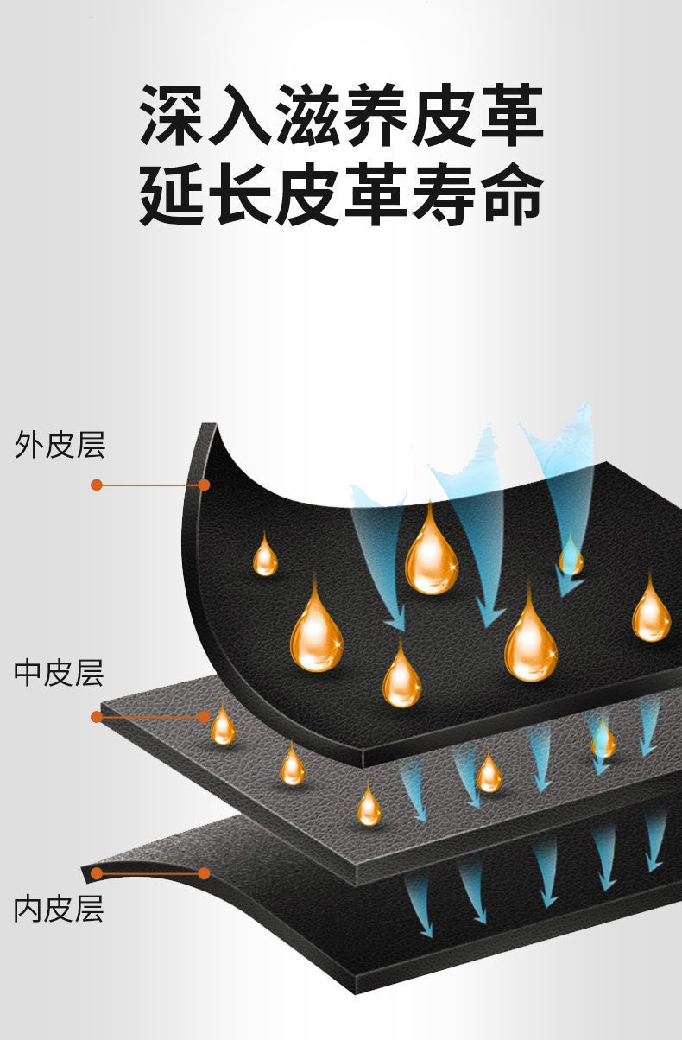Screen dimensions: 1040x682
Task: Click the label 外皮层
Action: pos(60,446)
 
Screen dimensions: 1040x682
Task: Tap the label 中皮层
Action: pos(60,673)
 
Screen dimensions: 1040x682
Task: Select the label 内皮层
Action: pos(60,909)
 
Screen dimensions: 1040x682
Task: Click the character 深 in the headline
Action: pos(173,114)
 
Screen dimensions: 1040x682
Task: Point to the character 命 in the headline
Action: pos(509,194)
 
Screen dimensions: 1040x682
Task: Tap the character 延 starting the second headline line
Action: pos(173,194)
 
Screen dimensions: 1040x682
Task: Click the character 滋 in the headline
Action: pos(307,114)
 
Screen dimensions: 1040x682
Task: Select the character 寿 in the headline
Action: pos(442,194)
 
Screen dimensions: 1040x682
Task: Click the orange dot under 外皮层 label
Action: pos(97,485)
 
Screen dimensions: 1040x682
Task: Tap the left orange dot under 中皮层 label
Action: pos(97,717)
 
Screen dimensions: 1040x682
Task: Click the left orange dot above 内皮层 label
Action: pos(97,873)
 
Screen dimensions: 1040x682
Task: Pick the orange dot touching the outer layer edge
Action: pos(204,485)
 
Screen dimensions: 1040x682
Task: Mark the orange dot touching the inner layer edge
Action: pos(205,873)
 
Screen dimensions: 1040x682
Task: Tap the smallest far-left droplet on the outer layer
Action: pos(265,557)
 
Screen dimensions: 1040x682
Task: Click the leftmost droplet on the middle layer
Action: pos(224,726)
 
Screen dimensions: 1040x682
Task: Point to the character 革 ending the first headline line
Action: pos(509,114)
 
